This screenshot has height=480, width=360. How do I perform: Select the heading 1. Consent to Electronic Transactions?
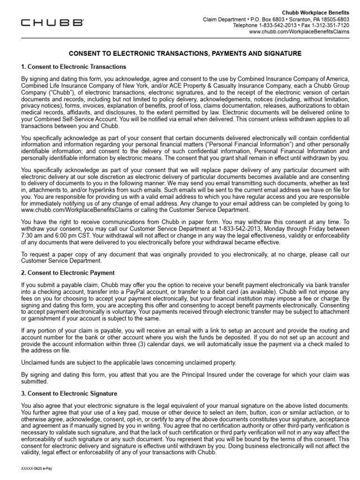click(74, 67)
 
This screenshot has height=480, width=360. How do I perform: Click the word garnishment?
click(39, 318)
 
